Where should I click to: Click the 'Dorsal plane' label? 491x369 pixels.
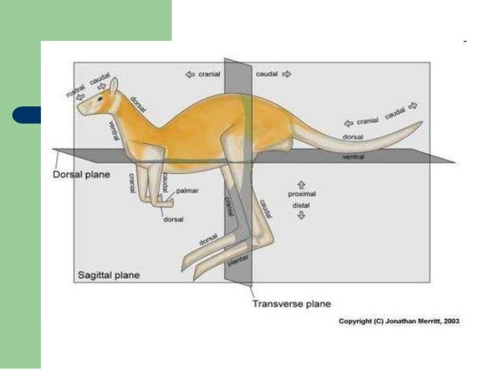coord(81,174)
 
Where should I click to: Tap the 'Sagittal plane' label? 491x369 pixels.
coord(109,274)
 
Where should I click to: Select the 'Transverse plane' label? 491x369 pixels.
coord(292,304)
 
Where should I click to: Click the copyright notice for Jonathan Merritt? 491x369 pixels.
coord(399,321)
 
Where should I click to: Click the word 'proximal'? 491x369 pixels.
coord(302,194)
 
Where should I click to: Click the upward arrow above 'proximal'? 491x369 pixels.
coord(301,185)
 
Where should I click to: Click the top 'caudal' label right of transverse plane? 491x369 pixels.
coord(267,75)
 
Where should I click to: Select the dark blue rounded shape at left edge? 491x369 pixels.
coord(26,116)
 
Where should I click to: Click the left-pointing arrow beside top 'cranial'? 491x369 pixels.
coord(189,75)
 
